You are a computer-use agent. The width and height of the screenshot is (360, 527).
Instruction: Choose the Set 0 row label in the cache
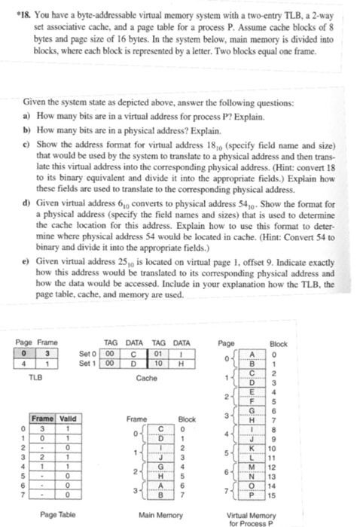coord(88,350)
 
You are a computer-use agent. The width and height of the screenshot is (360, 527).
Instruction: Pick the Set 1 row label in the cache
coord(88,359)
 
